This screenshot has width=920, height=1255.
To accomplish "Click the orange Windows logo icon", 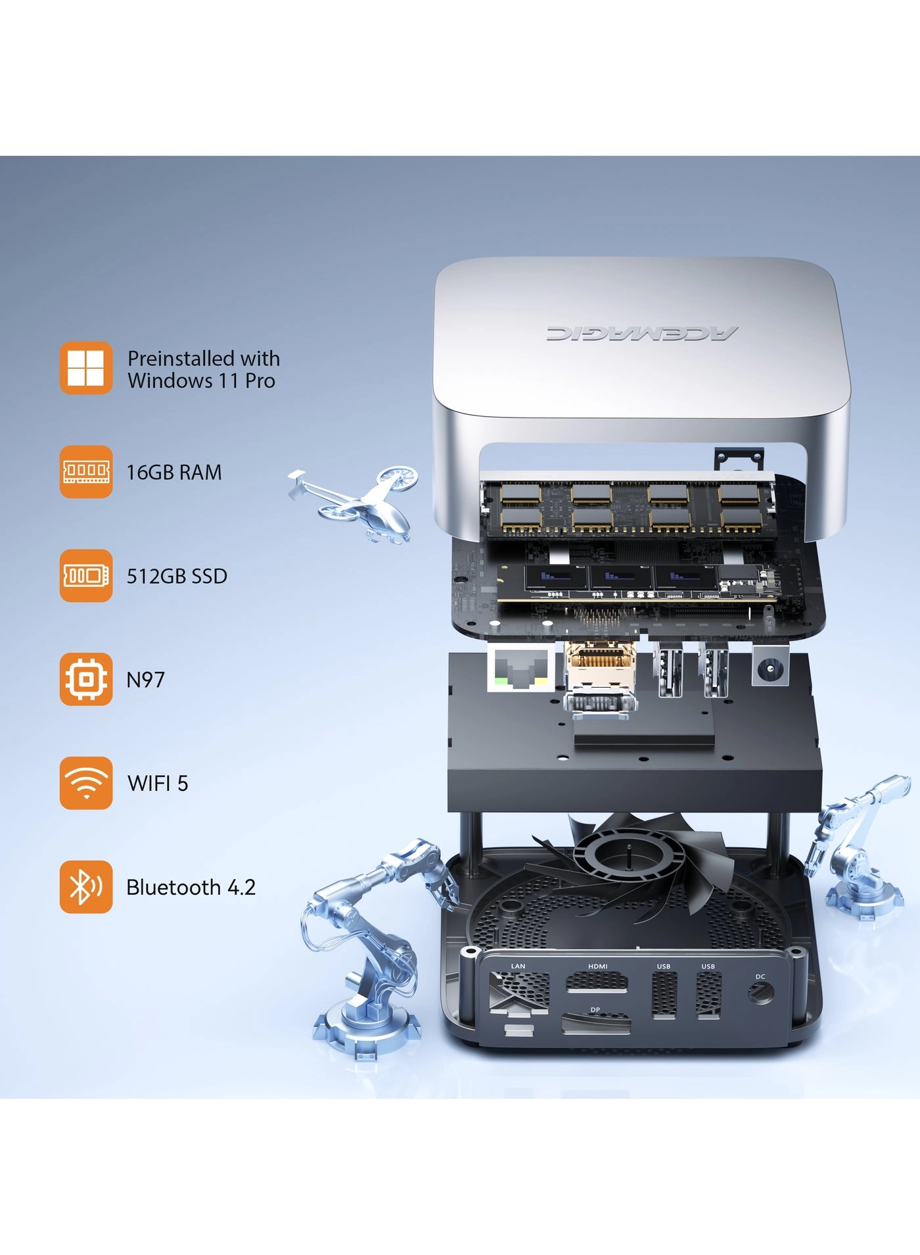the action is point(86,367).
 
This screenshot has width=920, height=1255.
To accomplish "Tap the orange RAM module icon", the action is point(86,471).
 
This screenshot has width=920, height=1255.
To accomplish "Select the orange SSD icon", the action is point(86,575).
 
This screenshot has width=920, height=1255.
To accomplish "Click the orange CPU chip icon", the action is point(86,679).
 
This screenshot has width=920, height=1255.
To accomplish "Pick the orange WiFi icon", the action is point(86,783).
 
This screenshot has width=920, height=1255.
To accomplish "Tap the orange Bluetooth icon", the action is point(86,887).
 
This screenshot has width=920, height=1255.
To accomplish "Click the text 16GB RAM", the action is point(174,472).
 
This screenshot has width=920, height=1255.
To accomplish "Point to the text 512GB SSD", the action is point(177,576).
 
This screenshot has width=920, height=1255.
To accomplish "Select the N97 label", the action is point(145,680).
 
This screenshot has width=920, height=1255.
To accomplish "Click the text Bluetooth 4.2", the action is point(191,888).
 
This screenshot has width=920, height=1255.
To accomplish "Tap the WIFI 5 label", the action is point(158,784).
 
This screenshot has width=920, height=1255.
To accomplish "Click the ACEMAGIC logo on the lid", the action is point(641,333).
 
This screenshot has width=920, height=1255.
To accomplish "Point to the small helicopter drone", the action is point(355,503).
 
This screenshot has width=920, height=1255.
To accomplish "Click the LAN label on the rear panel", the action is point(518,966).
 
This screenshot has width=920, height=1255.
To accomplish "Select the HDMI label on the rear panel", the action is point(598,966).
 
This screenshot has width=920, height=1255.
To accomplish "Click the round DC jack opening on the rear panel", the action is point(761,992).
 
